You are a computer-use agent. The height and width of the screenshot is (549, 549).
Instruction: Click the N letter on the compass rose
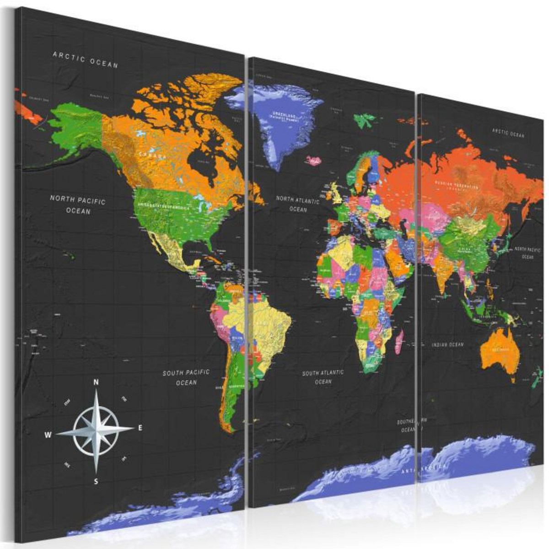click(x=96, y=382)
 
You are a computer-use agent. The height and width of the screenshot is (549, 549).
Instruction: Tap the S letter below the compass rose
click(x=96, y=481)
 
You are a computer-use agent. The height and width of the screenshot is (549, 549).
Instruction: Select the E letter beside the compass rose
click(x=140, y=428)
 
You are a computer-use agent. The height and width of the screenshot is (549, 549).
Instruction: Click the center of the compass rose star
click(x=96, y=431)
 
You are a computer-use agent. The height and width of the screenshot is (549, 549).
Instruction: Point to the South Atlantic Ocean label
click(x=323, y=377)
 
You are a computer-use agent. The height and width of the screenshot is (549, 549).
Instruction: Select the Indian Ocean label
click(x=447, y=344)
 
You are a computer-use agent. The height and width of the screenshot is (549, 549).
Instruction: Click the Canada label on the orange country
click(x=153, y=154)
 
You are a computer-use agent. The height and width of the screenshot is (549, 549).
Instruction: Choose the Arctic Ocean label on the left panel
click(x=86, y=59)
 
